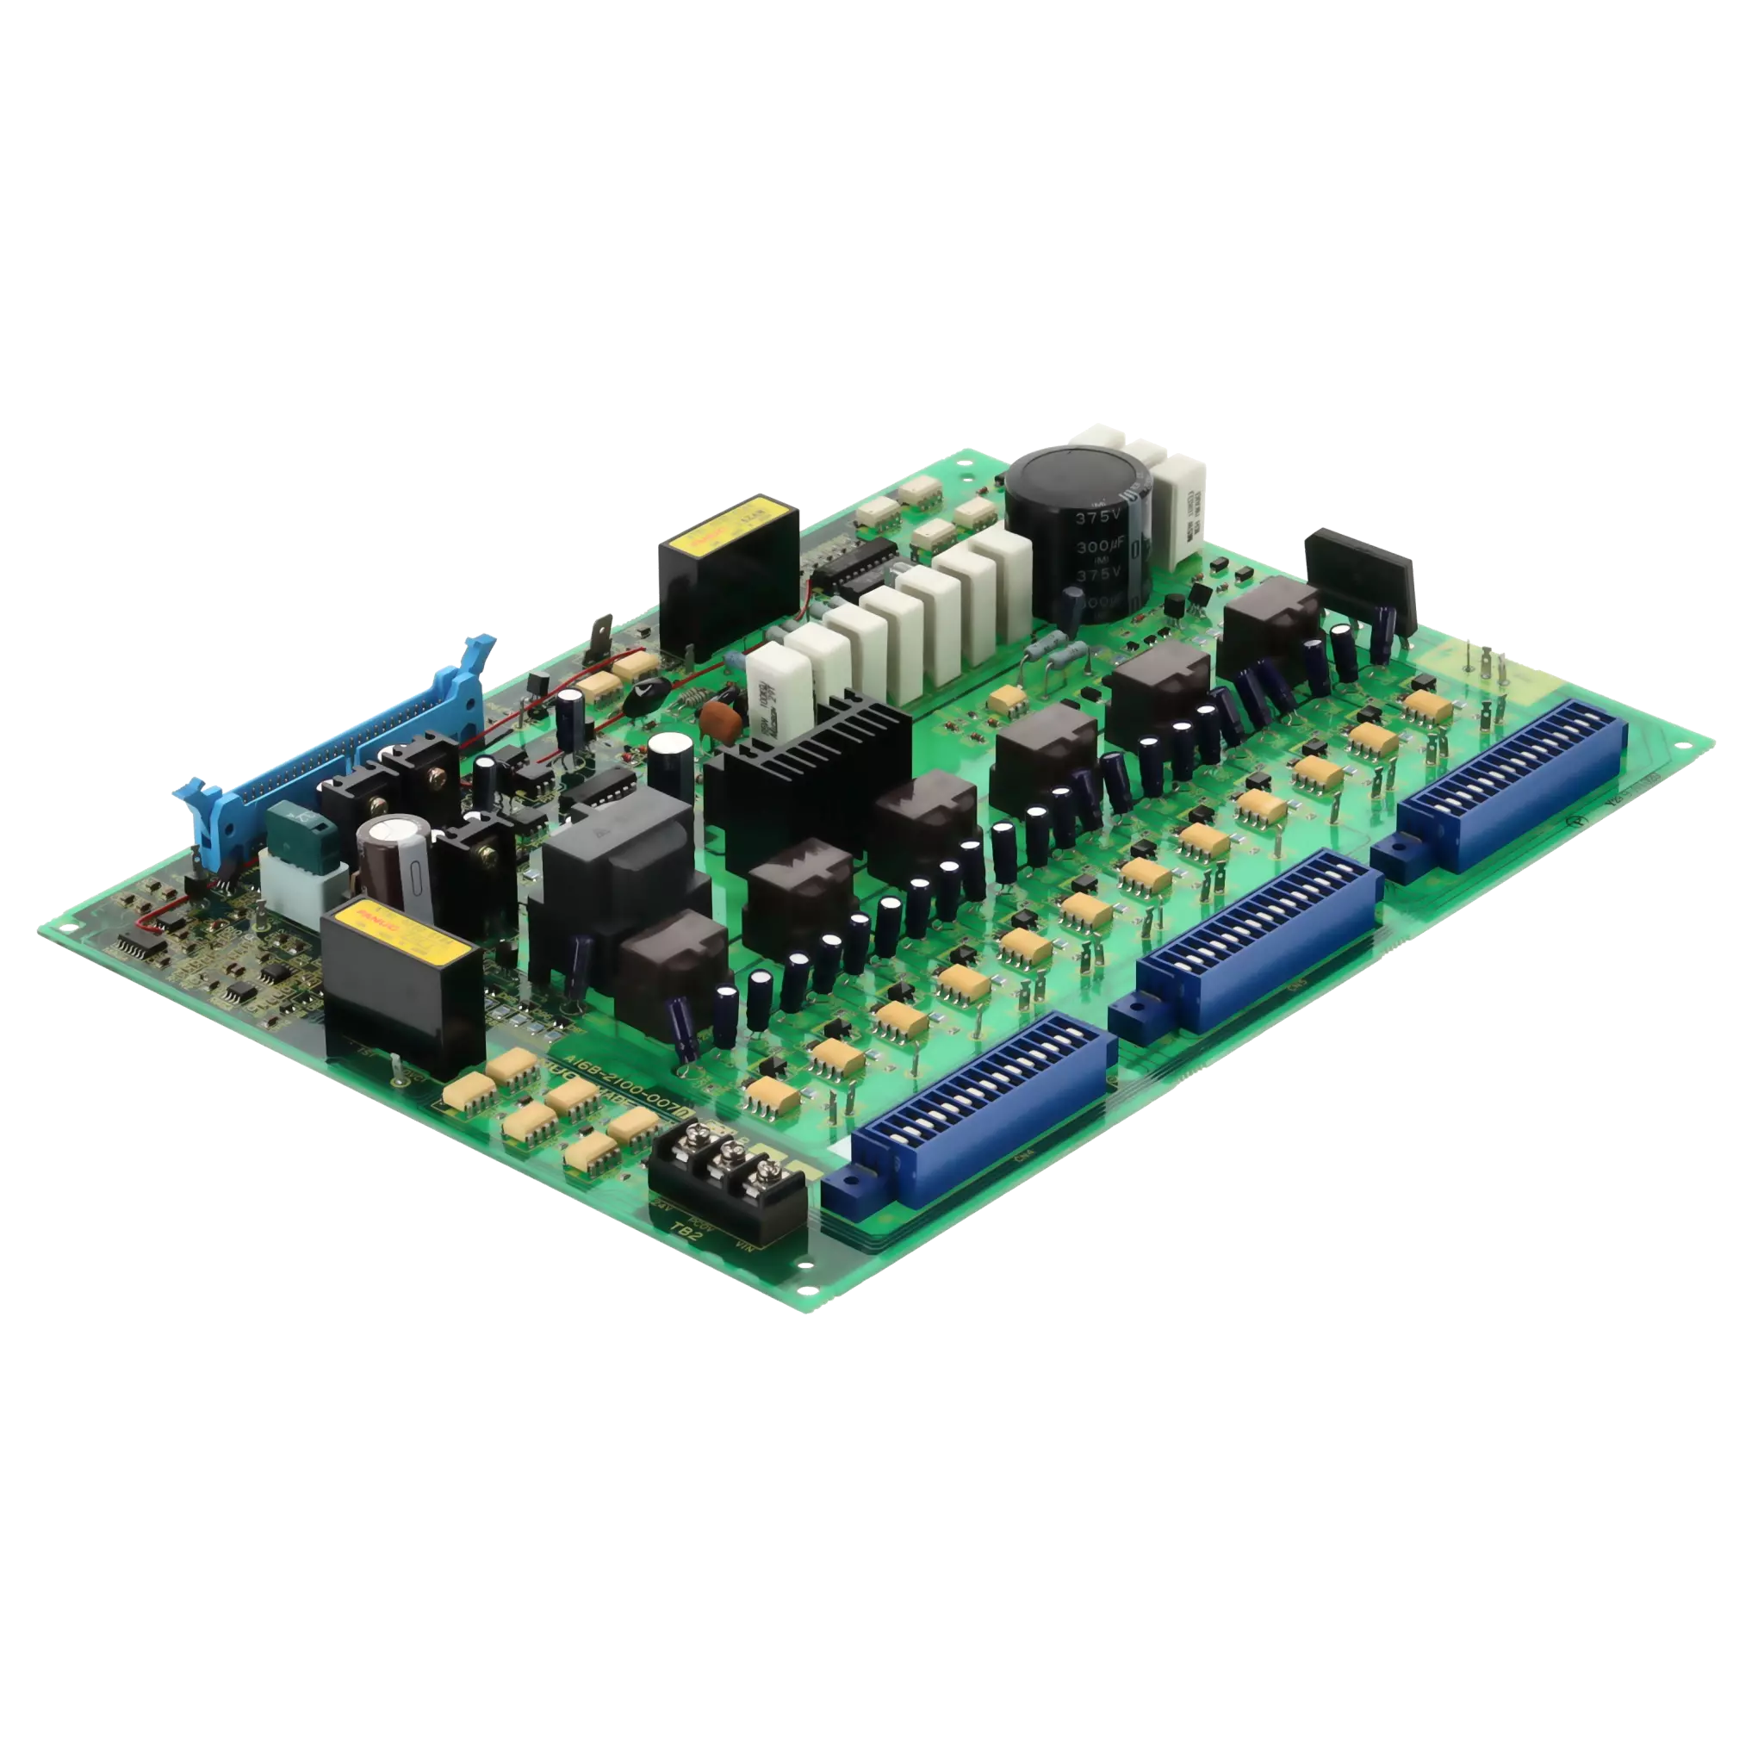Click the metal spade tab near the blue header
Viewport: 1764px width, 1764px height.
(602, 636)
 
